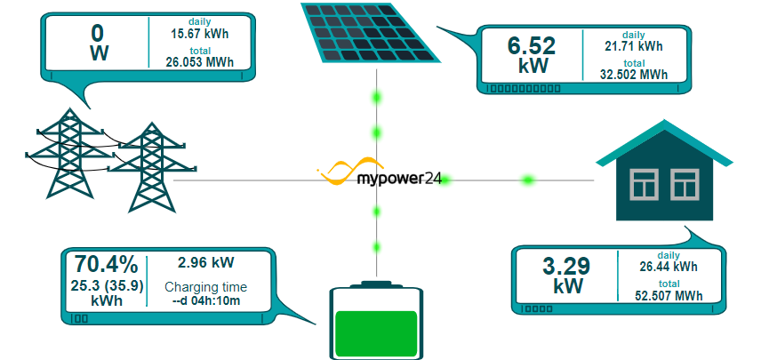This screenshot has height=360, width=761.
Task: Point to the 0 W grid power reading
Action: click(99, 43)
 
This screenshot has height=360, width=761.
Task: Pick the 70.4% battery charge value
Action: click(106, 264)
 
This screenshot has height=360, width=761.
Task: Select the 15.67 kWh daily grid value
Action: click(195, 33)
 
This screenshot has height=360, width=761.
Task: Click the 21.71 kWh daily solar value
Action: click(634, 45)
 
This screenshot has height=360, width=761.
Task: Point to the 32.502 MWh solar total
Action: click(634, 75)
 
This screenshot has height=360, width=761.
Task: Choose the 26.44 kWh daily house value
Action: click(669, 266)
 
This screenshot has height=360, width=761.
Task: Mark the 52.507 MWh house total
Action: click(669, 296)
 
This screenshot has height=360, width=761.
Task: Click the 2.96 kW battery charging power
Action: click(205, 262)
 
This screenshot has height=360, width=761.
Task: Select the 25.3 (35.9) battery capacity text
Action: click(107, 285)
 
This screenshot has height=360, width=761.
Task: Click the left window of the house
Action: click(643, 184)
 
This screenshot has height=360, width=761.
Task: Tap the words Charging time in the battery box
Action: click(206, 286)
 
